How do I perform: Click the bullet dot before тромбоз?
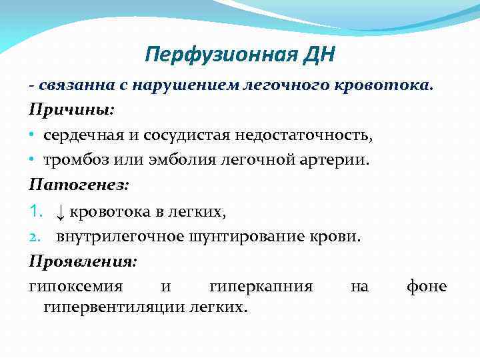[32, 160]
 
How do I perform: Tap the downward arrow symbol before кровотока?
[60, 211]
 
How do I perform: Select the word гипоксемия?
[75, 287]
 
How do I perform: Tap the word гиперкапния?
[261, 287]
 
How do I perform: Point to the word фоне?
[427, 287]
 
